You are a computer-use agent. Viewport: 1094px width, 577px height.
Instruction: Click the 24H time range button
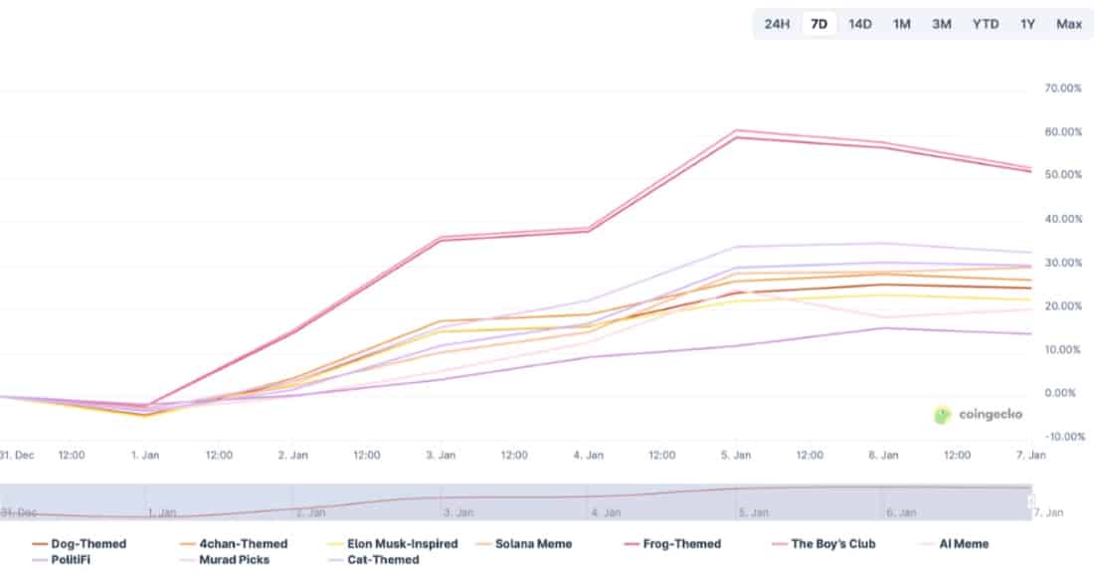pos(777,24)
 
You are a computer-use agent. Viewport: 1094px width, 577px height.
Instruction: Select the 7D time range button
pos(819,24)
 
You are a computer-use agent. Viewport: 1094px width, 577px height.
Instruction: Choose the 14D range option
pos(859,24)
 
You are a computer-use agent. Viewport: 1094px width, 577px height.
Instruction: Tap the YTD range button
pos(985,24)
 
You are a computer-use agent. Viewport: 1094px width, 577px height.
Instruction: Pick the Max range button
pos(1069,24)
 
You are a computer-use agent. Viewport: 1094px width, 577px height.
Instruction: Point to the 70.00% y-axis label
pos(1062,89)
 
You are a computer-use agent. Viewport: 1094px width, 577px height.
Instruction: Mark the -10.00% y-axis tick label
pos(1062,437)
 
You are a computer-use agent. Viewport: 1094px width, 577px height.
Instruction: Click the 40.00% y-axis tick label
pos(1062,219)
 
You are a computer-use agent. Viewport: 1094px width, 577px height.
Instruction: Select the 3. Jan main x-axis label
pos(441,455)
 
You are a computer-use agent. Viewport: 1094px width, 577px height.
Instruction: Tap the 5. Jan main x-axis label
pos(735,455)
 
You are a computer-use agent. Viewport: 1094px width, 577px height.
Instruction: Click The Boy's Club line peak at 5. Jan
pos(736,130)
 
